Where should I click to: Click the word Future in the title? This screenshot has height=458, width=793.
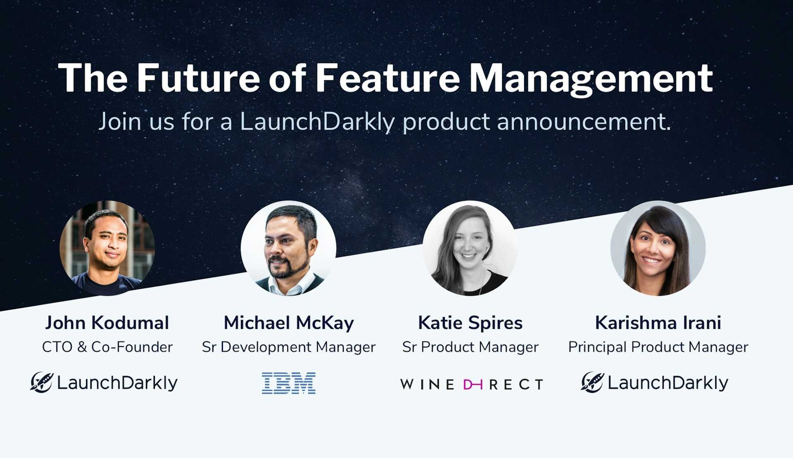click(x=198, y=78)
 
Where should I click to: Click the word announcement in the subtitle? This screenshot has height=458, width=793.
click(x=584, y=122)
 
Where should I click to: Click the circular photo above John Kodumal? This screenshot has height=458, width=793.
click(x=107, y=248)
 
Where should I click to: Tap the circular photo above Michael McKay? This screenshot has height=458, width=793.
click(x=288, y=248)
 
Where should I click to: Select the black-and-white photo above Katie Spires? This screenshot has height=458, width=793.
click(x=470, y=248)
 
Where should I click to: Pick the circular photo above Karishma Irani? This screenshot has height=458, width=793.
click(x=658, y=248)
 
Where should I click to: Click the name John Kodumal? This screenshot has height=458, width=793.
click(x=107, y=323)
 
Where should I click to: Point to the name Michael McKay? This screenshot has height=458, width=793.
click(x=289, y=323)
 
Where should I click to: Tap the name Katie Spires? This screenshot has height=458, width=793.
click(x=470, y=323)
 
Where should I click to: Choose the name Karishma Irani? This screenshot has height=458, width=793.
click(x=658, y=323)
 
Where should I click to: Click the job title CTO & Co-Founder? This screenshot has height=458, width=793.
click(x=107, y=347)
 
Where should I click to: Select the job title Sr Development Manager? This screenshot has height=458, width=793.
click(x=289, y=347)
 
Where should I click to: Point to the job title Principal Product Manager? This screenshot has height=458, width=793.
click(x=658, y=347)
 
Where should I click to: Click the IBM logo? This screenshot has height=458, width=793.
click(x=289, y=383)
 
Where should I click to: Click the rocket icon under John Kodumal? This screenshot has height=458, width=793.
click(x=42, y=382)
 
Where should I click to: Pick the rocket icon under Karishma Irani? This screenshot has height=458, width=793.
click(x=592, y=382)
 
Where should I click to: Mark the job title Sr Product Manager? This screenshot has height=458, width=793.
click(x=470, y=347)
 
